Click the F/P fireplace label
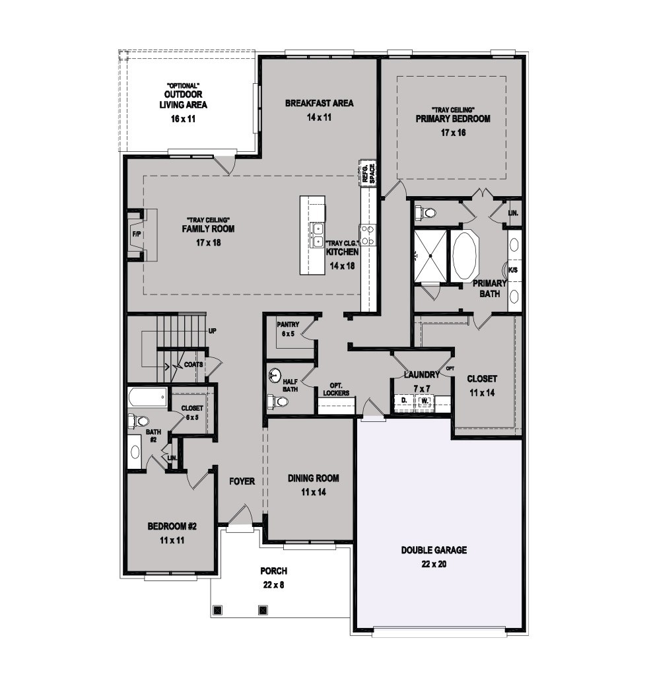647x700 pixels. (136, 234)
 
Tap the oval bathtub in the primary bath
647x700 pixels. (465, 256)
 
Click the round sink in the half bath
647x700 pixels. (276, 375)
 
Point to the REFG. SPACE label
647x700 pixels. (369, 173)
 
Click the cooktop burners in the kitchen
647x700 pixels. (368, 235)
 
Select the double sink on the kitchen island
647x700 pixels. (318, 235)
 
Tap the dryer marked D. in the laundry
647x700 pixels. (404, 400)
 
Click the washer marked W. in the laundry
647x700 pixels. (425, 401)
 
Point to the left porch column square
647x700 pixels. (218, 610)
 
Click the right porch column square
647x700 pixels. (263, 610)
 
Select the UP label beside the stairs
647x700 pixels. (213, 332)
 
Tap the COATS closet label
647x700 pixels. (193, 365)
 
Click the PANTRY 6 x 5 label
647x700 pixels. (288, 329)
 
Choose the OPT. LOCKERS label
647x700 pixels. (336, 389)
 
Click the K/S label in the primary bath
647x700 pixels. (513, 270)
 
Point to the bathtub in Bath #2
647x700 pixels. (148, 396)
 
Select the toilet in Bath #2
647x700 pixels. (139, 421)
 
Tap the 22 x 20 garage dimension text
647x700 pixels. (434, 564)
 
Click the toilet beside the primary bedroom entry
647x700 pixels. (425, 213)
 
